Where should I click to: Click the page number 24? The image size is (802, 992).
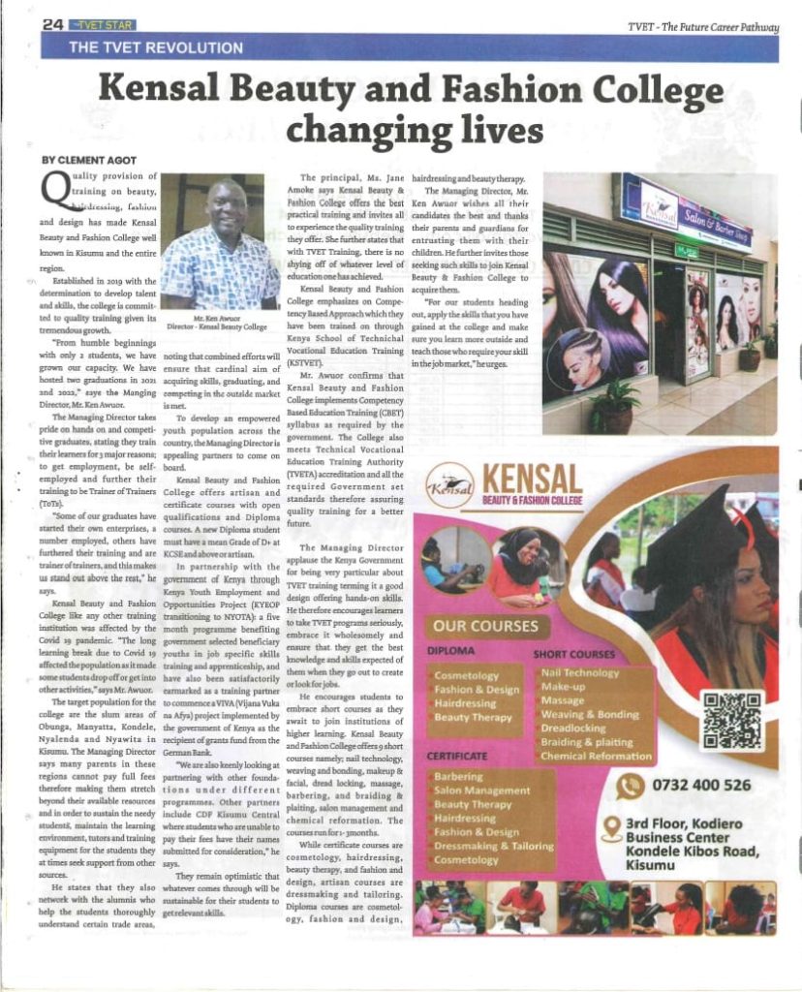54,24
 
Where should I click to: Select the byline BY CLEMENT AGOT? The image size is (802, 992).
87,159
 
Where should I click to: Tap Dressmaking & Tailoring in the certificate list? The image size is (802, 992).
493,845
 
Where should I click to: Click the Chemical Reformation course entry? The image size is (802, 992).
597,756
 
